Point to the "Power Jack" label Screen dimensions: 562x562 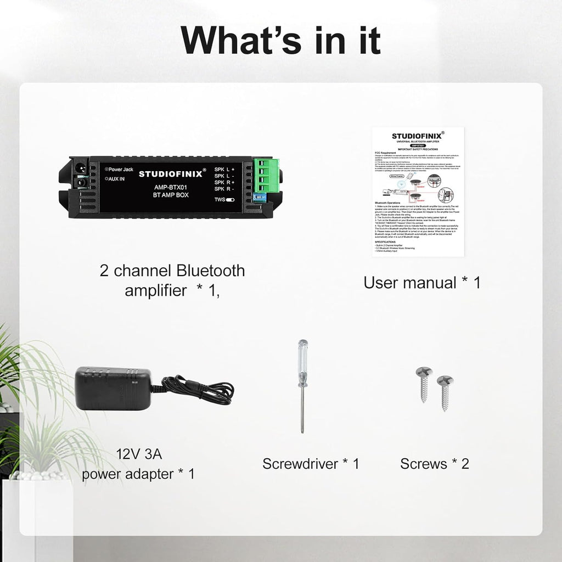click(x=120, y=170)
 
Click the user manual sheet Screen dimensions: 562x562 click(x=418, y=192)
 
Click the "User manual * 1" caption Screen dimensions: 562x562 click(x=421, y=283)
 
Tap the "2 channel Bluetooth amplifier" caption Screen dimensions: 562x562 click(x=172, y=280)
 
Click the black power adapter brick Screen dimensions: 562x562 click(x=113, y=389)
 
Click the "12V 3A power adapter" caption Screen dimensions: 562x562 click(x=138, y=464)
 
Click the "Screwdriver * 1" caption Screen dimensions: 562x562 click(x=311, y=464)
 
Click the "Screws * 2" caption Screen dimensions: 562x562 click(x=435, y=464)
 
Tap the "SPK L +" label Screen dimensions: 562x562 click(x=224, y=170)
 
